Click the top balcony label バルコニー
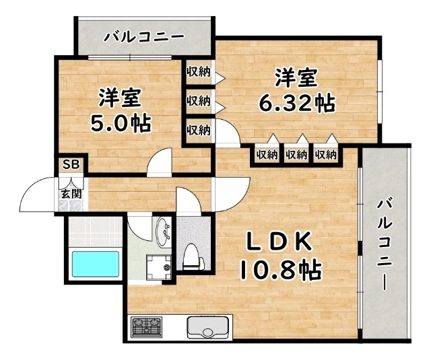tap(143, 36)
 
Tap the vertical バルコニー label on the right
tap(385, 244)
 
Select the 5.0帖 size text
tap(121, 124)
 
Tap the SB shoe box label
tap(69, 164)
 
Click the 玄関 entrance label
tap(70, 193)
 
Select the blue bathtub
tap(96, 263)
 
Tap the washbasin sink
tap(164, 234)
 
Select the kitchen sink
tap(209, 328)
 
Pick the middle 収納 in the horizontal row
tap(296, 155)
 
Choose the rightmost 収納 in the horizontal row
tap(326, 155)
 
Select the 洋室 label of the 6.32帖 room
tap(295, 77)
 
